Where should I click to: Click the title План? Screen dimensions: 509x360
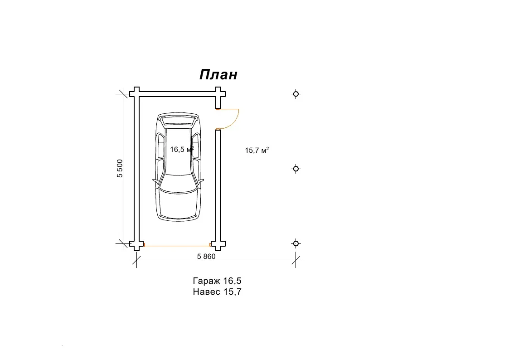pos(218,75)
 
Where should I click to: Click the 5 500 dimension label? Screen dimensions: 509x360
pos(120,169)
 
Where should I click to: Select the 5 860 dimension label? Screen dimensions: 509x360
pos(206,257)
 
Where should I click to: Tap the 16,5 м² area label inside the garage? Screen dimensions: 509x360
pos(182,149)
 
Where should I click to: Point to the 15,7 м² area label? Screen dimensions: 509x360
pos(257,150)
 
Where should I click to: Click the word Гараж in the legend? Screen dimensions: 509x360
pos(207,281)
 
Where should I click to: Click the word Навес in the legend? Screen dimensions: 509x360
pos(207,292)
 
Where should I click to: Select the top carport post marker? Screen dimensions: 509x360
pos(296,94)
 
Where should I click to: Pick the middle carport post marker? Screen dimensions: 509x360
pos(296,169)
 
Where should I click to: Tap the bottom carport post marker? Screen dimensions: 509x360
pos(296,243)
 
